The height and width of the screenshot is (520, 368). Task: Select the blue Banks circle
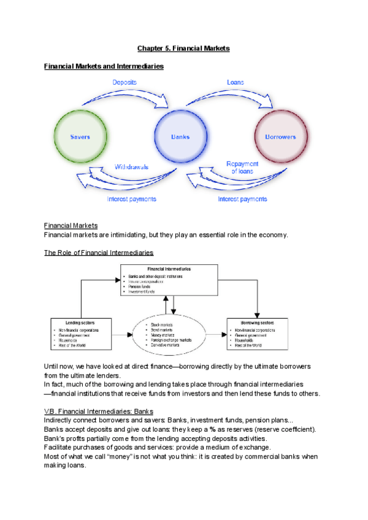(x=179, y=137)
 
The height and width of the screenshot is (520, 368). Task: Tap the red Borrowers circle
(x=280, y=137)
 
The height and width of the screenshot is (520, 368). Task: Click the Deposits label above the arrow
(x=125, y=82)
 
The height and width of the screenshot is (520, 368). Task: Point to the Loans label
(x=235, y=82)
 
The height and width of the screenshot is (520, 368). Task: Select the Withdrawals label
(x=132, y=166)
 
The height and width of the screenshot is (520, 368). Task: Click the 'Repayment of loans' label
(x=242, y=167)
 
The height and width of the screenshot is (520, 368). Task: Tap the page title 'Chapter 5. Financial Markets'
(x=183, y=48)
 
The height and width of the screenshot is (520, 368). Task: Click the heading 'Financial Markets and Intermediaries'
(x=104, y=66)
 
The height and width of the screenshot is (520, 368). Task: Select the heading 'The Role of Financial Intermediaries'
(x=99, y=253)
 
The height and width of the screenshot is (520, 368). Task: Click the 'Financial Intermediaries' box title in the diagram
(x=168, y=269)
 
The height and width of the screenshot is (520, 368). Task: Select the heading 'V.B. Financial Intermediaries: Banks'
(x=99, y=411)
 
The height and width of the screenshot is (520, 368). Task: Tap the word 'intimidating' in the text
(x=129, y=235)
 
